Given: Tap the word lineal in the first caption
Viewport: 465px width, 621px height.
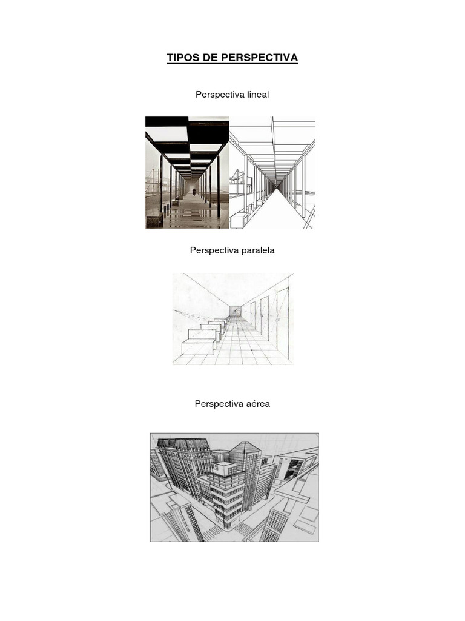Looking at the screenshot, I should pos(256,95).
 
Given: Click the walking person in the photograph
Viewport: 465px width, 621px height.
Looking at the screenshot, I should pos(194,192).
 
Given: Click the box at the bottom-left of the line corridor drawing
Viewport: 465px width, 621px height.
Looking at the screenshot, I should pos(240,220).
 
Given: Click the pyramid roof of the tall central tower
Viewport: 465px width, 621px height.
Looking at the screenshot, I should pos(245,448).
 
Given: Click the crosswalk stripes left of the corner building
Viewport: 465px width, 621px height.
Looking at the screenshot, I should pos(213,532).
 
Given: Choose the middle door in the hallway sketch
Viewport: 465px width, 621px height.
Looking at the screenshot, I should pos(265,316).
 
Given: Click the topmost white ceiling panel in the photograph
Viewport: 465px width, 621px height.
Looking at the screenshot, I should pos(167,133).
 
